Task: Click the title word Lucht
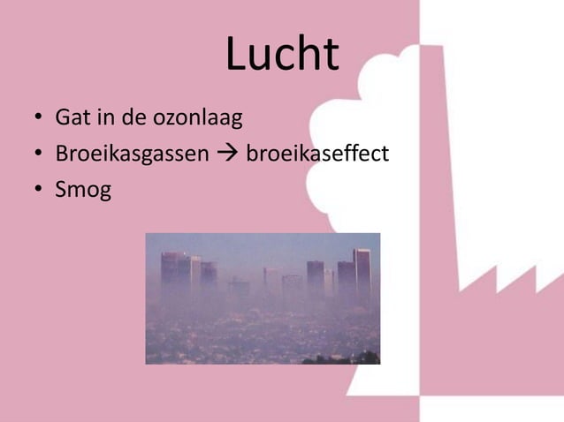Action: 282,55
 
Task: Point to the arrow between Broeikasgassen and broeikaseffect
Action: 227,154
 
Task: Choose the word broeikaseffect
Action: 317,154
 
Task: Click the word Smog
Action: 83,191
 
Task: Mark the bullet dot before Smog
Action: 39,191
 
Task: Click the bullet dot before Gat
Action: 39,117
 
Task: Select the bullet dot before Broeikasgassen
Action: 39,154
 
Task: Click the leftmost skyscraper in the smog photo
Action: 169,269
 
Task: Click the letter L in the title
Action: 236,55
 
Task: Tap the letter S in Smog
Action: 62,191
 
